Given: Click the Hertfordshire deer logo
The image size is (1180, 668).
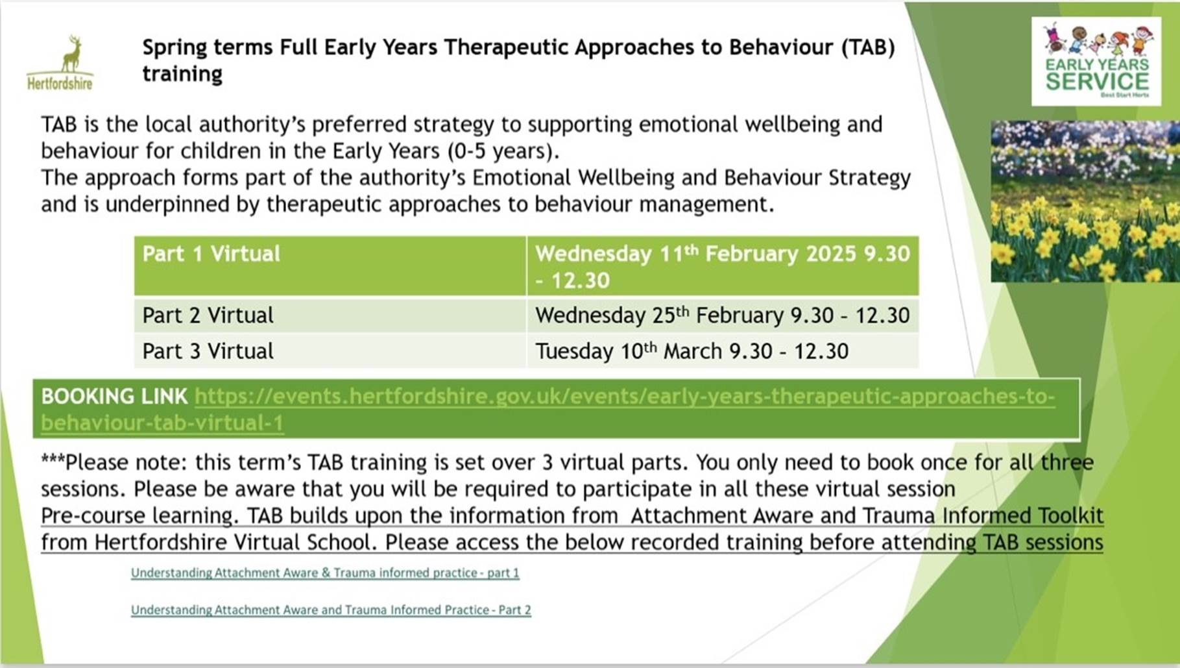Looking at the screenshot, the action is [60, 63].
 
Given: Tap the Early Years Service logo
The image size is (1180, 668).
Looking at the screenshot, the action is [1096, 61].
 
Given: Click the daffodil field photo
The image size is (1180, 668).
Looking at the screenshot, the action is [1085, 201].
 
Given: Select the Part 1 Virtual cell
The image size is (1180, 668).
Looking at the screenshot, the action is [330, 266].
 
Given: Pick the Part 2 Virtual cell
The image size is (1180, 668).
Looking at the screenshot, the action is [330, 315].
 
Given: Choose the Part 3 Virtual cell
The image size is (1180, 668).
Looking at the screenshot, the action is [330, 351].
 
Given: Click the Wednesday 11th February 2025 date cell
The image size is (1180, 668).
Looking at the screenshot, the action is [723, 266].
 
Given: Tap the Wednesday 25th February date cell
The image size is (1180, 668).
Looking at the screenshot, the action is [723, 315].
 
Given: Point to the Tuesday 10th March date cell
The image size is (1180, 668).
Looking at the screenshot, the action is [723, 351].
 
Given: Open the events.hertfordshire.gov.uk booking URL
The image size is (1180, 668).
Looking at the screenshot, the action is [548, 410].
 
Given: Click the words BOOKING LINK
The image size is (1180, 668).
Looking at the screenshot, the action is [114, 396].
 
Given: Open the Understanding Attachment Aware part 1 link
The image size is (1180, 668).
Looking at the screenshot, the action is [325, 573].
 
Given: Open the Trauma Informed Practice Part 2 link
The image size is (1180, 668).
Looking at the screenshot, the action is [331, 610].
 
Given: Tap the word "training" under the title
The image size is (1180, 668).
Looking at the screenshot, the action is [182, 75].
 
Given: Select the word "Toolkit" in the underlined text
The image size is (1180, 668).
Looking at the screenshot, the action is [1070, 515].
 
